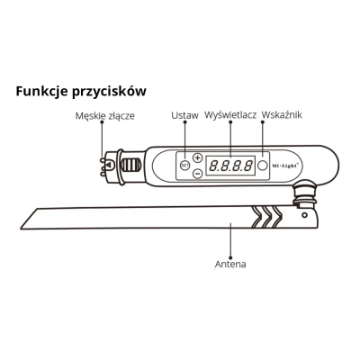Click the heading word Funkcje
pos(41,91)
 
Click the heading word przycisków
pos(109,92)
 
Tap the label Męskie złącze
pos(105,116)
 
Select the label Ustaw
pos(184,115)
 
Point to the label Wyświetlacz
pos(230,115)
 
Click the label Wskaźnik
pos(282,115)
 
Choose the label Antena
pos(230,265)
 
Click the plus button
pos(197,157)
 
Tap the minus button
pos(197,174)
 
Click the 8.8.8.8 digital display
pos(230,166)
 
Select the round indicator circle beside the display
pos(263,166)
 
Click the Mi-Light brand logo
pos(285,166)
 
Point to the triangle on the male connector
pos(109,165)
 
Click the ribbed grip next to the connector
pos(131,165)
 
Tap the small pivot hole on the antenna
pos(304,215)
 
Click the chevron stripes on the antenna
pos(267,217)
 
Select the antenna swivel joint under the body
pos(305,194)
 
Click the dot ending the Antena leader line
pos(230,257)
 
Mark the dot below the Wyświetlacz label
pos(230,122)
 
